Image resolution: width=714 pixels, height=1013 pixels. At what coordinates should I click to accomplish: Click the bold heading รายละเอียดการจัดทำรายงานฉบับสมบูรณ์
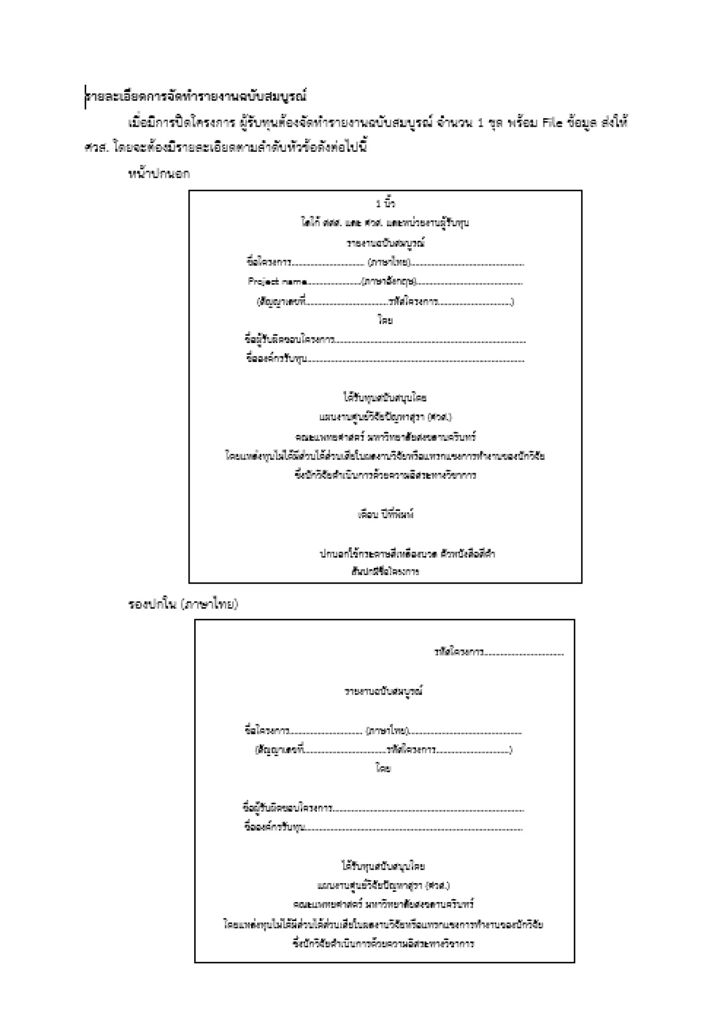(196, 96)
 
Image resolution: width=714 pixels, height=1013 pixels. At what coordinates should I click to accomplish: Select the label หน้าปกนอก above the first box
(159, 173)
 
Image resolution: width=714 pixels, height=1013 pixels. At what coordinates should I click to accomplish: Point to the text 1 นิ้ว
(385, 204)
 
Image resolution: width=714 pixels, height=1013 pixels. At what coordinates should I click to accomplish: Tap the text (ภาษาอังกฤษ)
(390, 282)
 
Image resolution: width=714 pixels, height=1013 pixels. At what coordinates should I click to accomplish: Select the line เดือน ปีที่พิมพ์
(385, 514)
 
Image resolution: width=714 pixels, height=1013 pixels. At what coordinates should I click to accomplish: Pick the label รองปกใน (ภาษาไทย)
(183, 604)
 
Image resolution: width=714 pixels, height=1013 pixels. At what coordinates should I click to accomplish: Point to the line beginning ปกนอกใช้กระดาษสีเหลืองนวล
(407, 554)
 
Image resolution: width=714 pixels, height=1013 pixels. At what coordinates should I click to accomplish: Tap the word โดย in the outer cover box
(385, 321)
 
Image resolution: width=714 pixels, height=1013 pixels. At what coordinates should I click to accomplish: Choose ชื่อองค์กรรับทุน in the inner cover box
(274, 827)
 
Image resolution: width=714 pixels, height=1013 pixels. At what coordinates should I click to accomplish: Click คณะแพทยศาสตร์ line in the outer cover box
(385, 437)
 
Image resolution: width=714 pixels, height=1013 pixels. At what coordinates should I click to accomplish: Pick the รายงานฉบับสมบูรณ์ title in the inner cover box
(384, 692)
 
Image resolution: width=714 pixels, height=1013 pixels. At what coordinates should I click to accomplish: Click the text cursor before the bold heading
(85, 97)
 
